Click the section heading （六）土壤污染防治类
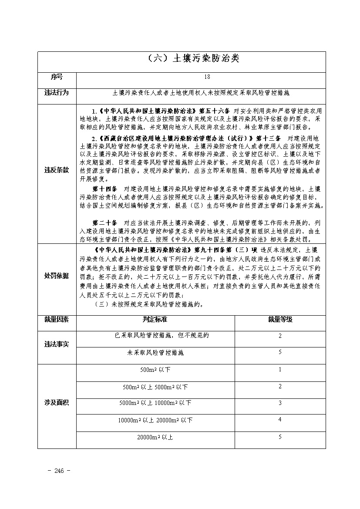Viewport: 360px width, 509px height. tap(191, 58)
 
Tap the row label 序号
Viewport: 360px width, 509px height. tap(57, 77)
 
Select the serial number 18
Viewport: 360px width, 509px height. tap(207, 77)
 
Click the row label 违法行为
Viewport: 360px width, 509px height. tap(57, 93)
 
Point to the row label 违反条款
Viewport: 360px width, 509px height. tap(57, 170)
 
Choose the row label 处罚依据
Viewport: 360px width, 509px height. tap(57, 276)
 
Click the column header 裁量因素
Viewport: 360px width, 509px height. tap(57, 319)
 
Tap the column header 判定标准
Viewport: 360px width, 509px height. tap(155, 319)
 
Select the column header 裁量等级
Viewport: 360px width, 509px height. tap(280, 319)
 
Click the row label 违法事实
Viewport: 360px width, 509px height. tap(57, 344)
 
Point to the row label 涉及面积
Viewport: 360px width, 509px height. tap(57, 402)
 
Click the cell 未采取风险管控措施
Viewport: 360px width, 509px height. tap(155, 353)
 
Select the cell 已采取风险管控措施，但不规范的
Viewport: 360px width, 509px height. tap(155, 336)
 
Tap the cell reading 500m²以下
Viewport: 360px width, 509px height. tap(155, 370)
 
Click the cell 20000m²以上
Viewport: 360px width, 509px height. tap(155, 437)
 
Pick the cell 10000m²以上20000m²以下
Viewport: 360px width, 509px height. tap(155, 420)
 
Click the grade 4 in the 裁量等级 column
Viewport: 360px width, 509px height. tap(280, 419)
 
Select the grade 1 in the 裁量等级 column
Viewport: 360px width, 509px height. tap(280, 369)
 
